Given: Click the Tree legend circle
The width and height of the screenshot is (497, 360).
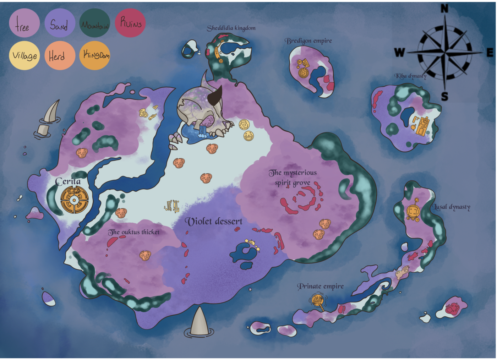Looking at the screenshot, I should (24, 23).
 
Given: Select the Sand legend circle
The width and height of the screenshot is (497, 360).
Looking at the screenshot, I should (60, 23).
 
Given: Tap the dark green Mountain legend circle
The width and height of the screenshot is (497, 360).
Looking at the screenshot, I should (95, 23).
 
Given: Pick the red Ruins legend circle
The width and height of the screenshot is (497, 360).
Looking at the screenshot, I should (130, 23).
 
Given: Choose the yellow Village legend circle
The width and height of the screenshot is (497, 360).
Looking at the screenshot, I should (24, 55).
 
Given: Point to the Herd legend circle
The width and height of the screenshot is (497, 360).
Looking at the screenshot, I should (60, 55).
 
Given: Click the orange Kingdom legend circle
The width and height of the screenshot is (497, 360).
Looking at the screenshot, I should (95, 55).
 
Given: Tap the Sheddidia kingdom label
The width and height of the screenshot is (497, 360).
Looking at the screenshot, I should (231, 28).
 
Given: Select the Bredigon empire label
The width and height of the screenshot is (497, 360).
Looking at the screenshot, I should (308, 41).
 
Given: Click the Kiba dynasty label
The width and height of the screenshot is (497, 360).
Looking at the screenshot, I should (410, 76).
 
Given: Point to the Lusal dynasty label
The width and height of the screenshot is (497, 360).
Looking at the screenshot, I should (452, 207).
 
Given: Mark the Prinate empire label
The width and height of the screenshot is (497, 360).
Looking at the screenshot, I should (320, 286).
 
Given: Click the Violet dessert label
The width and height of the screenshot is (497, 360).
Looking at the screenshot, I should (214, 222).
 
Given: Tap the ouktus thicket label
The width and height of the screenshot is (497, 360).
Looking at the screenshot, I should (134, 232).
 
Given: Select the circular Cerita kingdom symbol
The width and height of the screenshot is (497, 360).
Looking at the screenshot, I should (74, 200).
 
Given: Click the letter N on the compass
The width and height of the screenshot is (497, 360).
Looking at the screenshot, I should (444, 9).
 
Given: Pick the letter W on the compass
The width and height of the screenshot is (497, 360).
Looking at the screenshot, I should (399, 53).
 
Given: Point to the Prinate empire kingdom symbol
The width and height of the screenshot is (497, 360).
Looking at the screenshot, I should (318, 300).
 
